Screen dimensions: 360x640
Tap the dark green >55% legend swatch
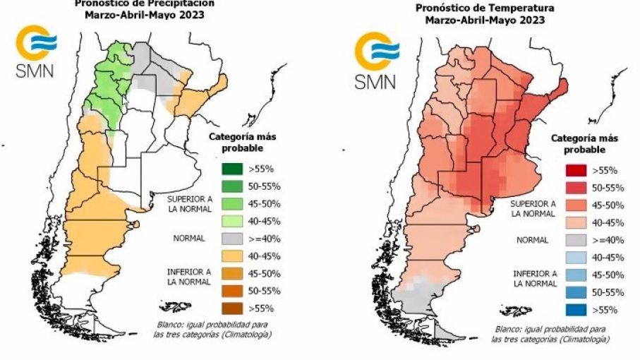(x=228, y=169)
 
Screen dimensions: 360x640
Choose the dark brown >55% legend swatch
(x=228, y=308)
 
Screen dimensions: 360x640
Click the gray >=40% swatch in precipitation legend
(x=228, y=239)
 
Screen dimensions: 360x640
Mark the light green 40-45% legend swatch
(x=228, y=221)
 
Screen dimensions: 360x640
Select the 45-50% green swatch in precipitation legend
(x=228, y=204)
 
